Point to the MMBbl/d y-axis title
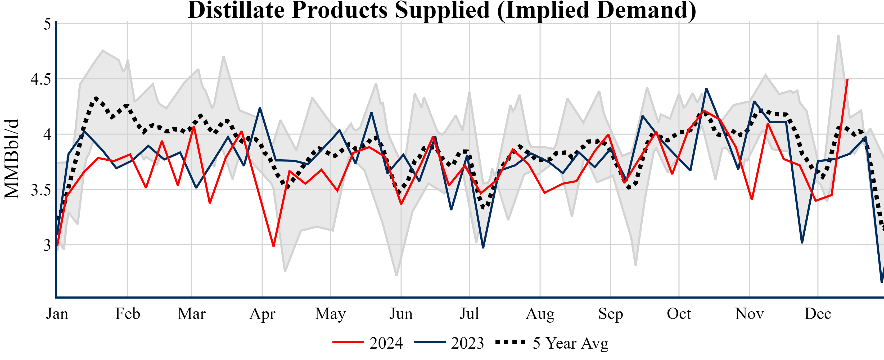pos(12,159)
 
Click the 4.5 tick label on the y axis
pos(40,79)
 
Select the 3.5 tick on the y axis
pos(40,190)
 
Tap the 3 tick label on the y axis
pos(47,245)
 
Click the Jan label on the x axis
pos(57,314)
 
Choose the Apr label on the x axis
pos(262,314)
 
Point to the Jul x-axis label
pos(469,314)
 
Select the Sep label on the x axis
pos(611,314)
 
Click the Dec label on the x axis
pos(818,314)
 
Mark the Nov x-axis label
pos(750,314)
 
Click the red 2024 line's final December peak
pos(847,80)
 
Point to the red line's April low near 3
pos(273,246)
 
